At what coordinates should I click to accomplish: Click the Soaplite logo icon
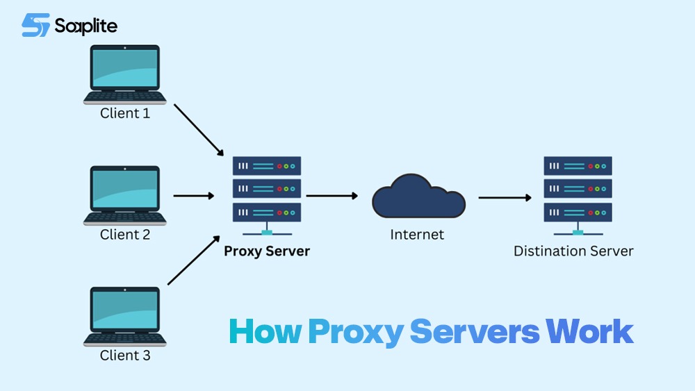coord(35,25)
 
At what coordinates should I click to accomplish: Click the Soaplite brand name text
coord(86,26)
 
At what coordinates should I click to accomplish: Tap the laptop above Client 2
coord(125,195)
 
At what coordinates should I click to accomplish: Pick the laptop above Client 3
coord(125,316)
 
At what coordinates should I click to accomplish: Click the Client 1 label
coord(125,113)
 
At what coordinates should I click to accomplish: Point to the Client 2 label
coord(125,235)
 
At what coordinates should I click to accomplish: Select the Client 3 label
coord(125,356)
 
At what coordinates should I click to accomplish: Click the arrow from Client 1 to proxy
coord(198,130)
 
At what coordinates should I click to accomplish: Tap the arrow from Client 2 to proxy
coord(194,196)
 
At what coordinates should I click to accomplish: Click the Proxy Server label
coord(267,251)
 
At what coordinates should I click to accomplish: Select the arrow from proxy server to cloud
coord(332,196)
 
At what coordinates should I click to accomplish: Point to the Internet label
coord(417,235)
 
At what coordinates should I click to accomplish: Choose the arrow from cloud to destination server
coord(505,197)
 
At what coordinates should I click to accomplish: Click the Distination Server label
coord(573,251)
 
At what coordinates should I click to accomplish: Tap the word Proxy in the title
coord(355,333)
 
